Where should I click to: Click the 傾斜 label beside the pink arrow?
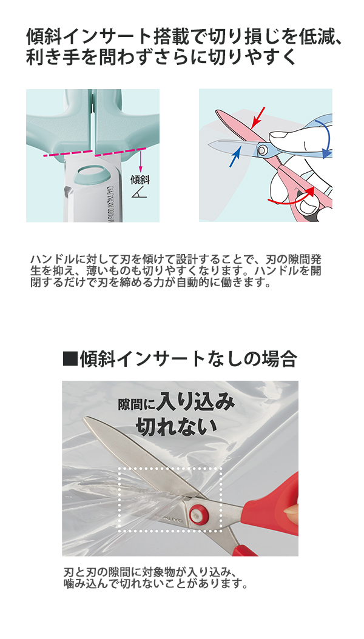click(140, 179)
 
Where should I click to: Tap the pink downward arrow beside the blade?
click(140, 161)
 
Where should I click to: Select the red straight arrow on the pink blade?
click(258, 115)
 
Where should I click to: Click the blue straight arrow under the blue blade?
click(234, 159)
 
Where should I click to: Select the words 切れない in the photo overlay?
click(176, 426)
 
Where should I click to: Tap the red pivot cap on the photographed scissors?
click(198, 514)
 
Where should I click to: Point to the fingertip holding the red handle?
click(291, 515)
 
